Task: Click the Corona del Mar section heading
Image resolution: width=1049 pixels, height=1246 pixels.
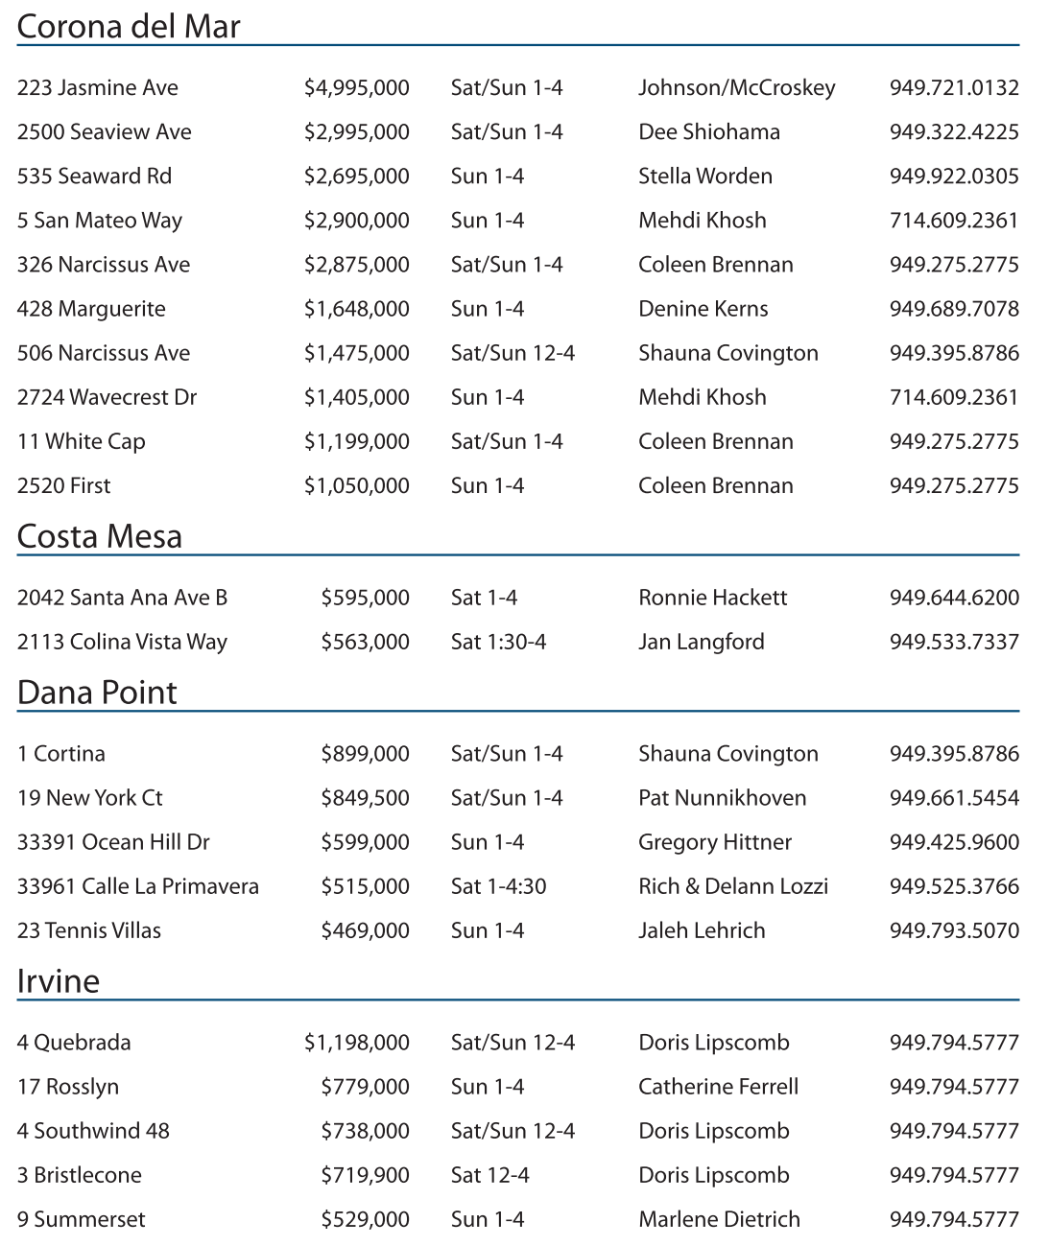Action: tap(129, 26)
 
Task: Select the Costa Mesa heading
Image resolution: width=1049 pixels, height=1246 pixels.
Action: tap(99, 536)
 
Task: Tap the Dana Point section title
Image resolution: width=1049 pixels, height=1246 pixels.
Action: tap(97, 693)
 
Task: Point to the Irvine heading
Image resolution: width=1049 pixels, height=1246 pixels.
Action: tap(58, 981)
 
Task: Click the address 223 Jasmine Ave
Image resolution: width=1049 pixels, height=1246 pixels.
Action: tap(97, 88)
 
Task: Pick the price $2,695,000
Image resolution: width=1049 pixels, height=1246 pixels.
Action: tap(356, 176)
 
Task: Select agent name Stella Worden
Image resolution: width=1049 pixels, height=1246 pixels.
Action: tap(704, 176)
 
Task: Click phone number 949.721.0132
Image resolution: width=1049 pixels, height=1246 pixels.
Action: tap(953, 88)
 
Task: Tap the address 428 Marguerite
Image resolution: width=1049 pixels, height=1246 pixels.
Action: tap(91, 309)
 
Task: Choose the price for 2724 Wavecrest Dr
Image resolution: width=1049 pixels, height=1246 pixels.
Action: tap(356, 397)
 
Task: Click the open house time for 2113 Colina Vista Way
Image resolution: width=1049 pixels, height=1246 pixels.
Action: tap(498, 642)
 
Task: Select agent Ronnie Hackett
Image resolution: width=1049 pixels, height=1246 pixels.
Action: tap(712, 598)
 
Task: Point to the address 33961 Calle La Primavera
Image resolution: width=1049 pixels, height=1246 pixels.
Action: tap(137, 886)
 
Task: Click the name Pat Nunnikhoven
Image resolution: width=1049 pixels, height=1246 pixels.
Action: tap(722, 798)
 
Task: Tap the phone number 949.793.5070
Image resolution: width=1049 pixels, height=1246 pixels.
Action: tap(953, 930)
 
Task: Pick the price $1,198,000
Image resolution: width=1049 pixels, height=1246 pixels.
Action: tap(356, 1043)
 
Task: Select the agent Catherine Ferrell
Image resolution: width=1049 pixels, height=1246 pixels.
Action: tap(718, 1087)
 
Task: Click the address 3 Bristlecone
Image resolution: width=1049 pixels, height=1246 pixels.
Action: tap(79, 1175)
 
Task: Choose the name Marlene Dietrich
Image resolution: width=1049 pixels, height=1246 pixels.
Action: tap(719, 1219)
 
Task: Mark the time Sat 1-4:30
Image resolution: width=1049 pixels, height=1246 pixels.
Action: tap(498, 886)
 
